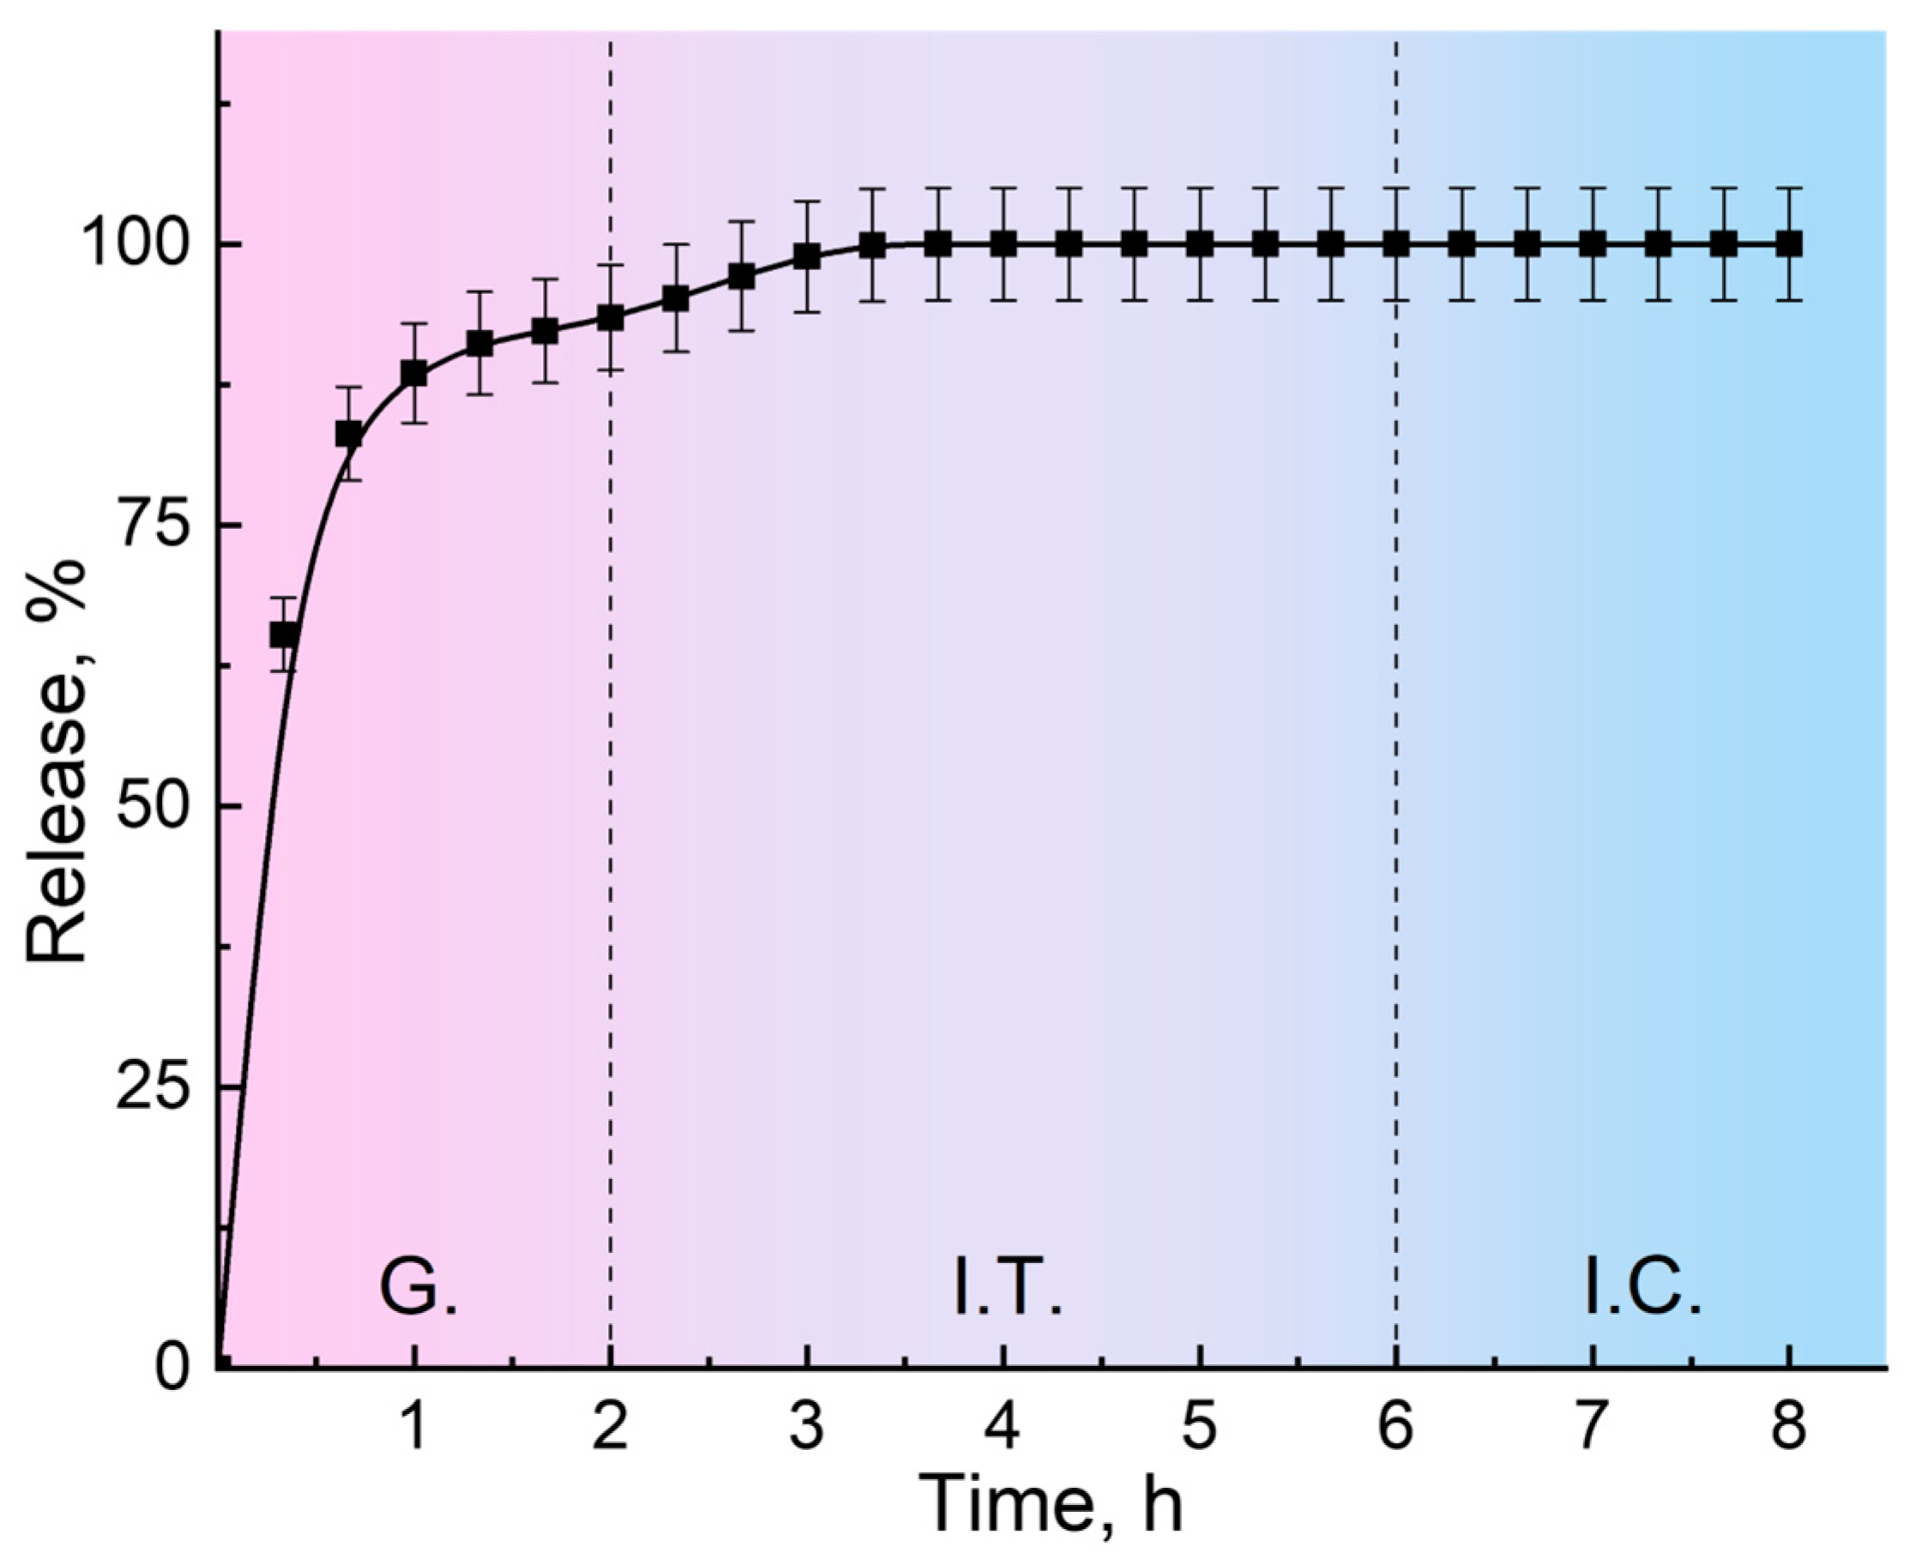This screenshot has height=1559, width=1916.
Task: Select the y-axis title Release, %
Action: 56,763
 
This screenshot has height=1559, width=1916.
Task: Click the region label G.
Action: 418,1290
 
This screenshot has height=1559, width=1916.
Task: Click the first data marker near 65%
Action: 284,635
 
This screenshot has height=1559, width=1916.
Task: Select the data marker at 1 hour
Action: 413,374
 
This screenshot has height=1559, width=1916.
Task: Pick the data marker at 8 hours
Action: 1789,244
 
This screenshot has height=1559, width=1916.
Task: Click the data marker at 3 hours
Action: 807,256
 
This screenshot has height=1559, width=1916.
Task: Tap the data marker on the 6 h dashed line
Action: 1396,244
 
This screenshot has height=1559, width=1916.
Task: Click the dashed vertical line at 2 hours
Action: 610,809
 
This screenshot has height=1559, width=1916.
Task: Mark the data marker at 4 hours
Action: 1003,244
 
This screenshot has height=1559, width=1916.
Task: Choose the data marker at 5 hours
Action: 1199,244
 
